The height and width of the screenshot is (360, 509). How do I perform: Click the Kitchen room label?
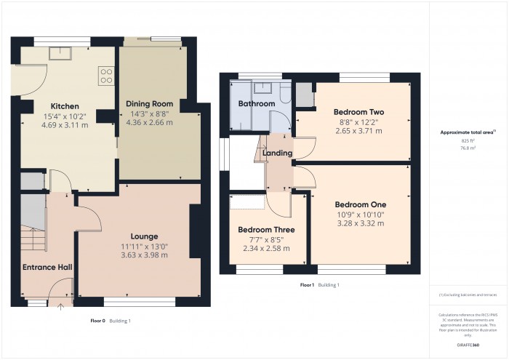pos(65,106)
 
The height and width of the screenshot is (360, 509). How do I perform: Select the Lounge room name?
pos(145,236)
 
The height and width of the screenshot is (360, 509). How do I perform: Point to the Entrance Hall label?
pos(47,268)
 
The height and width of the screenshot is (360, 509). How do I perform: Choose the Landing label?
pos(278,153)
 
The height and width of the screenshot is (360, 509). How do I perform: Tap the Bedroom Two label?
pos(358,111)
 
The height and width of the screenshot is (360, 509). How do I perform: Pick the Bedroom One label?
pos(360,204)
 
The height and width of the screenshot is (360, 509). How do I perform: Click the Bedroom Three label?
pos(265,230)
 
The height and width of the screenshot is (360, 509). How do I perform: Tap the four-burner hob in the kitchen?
pos(106,75)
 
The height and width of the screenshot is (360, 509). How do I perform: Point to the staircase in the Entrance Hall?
pos(32,233)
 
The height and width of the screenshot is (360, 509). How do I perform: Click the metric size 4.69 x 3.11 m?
pos(65,124)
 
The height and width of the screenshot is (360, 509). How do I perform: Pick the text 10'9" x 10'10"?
pos(360,214)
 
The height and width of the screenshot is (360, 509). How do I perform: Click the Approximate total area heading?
pos(468,132)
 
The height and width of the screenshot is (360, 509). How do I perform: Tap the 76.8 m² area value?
pos(468,148)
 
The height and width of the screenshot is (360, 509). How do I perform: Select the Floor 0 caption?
pos(97,321)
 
